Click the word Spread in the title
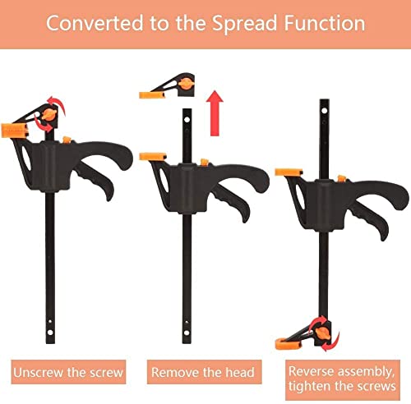point(245,24)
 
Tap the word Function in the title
point(325,23)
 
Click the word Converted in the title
point(95,23)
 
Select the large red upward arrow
point(215,113)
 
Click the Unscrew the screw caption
point(68,372)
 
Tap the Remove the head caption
point(203,372)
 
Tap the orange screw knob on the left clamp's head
point(49,114)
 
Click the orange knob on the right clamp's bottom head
point(322,334)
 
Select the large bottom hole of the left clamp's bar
point(50,333)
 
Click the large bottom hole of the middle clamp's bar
point(187,333)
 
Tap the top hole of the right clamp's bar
point(325,111)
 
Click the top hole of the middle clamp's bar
point(187,120)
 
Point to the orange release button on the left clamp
point(67,140)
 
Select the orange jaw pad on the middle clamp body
point(153,156)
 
